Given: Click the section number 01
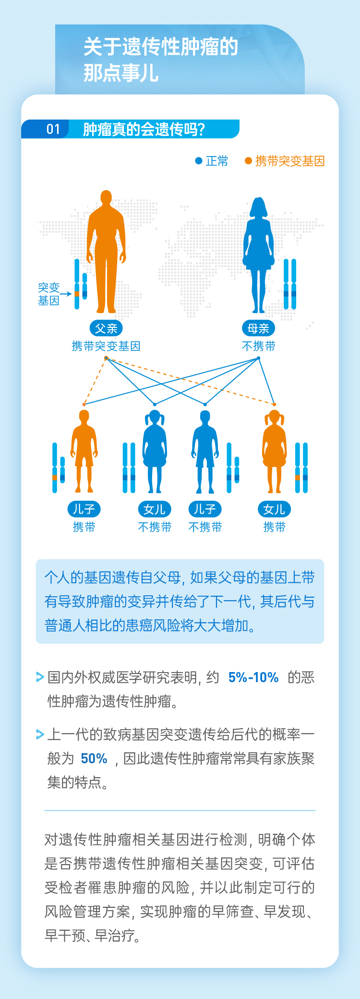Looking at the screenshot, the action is pyautogui.click(x=53, y=129).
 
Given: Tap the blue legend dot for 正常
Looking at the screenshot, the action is pyautogui.click(x=199, y=161).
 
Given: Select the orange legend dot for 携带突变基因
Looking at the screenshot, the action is pyautogui.click(x=248, y=161).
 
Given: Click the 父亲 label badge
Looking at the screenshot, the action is pyautogui.click(x=106, y=328).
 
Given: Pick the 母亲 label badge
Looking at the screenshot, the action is pyautogui.click(x=258, y=328).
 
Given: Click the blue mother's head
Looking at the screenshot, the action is pyautogui.click(x=259, y=205).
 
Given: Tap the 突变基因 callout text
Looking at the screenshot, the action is pyautogui.click(x=48, y=294).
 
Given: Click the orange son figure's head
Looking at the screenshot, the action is pyautogui.click(x=84, y=416).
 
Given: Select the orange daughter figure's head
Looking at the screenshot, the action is pyautogui.click(x=275, y=417).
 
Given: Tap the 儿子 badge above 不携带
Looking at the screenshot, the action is pyautogui.click(x=205, y=509).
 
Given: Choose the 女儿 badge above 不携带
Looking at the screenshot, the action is pyautogui.click(x=155, y=509).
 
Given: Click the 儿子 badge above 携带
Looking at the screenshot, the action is pyautogui.click(x=84, y=509).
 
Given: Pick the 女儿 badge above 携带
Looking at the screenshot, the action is pyautogui.click(x=275, y=509).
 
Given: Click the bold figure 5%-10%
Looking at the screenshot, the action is pyautogui.click(x=253, y=677).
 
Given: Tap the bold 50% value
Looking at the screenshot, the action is pyautogui.click(x=94, y=758).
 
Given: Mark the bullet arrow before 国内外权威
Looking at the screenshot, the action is pyautogui.click(x=40, y=677).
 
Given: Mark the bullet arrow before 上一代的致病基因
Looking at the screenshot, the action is pyautogui.click(x=40, y=734).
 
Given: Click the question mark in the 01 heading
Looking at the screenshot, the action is pyautogui.click(x=201, y=129).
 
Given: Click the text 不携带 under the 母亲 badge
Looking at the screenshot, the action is pyautogui.click(x=258, y=346).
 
